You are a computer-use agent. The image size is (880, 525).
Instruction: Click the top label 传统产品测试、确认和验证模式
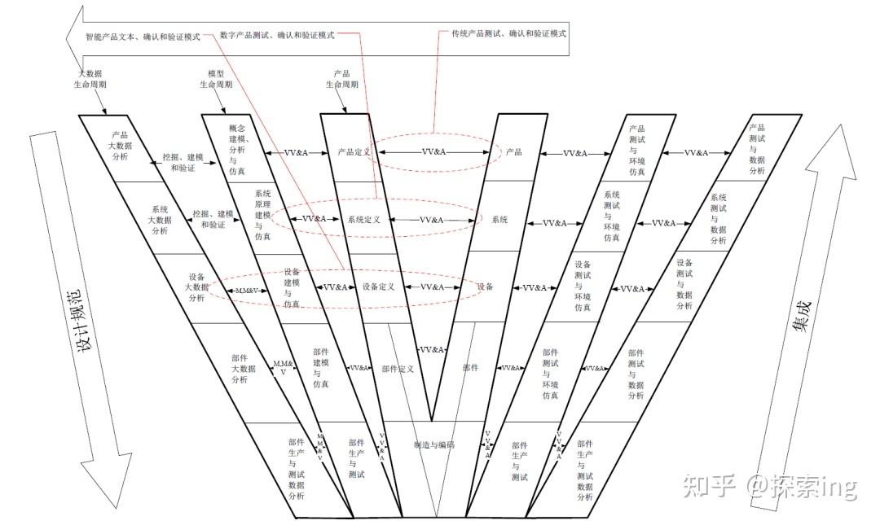click(x=508, y=34)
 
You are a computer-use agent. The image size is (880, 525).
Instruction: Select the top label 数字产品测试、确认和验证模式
click(x=277, y=35)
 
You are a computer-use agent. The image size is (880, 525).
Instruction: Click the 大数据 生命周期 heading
click(x=90, y=79)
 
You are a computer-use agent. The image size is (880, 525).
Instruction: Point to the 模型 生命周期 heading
click(x=216, y=79)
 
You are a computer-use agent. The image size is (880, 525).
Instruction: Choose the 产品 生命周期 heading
click(x=341, y=79)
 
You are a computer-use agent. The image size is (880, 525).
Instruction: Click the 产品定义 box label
click(x=354, y=152)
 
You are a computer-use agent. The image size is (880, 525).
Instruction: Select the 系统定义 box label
click(x=364, y=220)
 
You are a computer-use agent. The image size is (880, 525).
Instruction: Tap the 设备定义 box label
click(x=378, y=287)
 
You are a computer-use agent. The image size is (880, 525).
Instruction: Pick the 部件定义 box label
click(x=398, y=369)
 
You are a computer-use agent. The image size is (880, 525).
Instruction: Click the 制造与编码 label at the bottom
click(x=433, y=445)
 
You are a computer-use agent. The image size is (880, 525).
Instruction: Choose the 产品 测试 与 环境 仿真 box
click(x=636, y=151)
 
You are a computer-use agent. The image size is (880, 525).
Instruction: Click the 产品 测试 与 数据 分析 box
click(x=756, y=149)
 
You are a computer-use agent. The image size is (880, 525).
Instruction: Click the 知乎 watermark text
click(x=706, y=486)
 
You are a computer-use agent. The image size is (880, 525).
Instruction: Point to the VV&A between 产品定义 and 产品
click(x=432, y=152)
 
